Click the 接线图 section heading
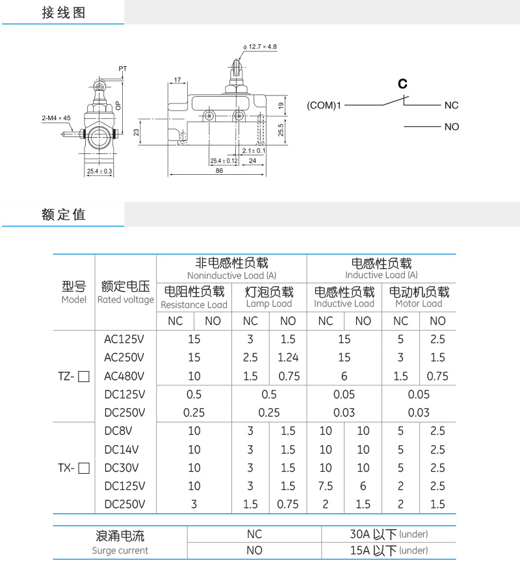click(x=63, y=13)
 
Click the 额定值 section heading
click(x=63, y=214)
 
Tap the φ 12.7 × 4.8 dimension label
click(x=260, y=47)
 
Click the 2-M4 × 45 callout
click(x=56, y=118)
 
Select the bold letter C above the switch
click(x=402, y=84)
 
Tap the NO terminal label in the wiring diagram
click(x=452, y=127)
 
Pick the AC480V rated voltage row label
click(x=124, y=376)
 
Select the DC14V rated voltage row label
click(x=122, y=449)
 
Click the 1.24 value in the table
click(x=287, y=357)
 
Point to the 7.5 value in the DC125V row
click(x=326, y=486)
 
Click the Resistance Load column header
click(x=194, y=305)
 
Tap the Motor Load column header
click(x=419, y=304)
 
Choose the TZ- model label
click(x=67, y=376)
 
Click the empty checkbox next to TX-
click(x=83, y=468)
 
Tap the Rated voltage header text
click(x=125, y=300)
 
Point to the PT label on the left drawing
click(x=123, y=68)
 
